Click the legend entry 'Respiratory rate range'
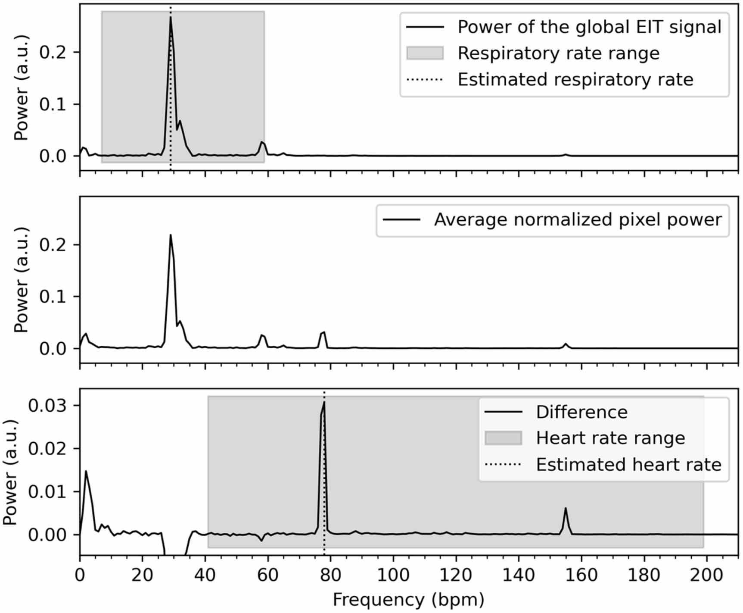(x=558, y=53)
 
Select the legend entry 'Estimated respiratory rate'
(x=575, y=80)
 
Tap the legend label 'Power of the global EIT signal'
(x=589, y=27)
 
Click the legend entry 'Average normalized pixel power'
(x=577, y=220)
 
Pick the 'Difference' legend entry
(x=581, y=413)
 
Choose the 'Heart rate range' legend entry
(x=610, y=438)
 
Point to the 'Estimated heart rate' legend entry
(x=628, y=465)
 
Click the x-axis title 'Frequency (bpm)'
(x=408, y=600)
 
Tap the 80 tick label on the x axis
(x=330, y=575)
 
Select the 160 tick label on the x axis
(x=581, y=575)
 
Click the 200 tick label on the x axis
(x=706, y=575)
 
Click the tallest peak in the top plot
(x=171, y=18)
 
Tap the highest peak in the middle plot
(x=171, y=235)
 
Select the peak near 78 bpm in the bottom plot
(x=324, y=403)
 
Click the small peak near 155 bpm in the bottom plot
(x=566, y=509)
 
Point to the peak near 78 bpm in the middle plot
(x=324, y=332)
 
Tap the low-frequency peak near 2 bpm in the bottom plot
(x=86, y=471)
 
